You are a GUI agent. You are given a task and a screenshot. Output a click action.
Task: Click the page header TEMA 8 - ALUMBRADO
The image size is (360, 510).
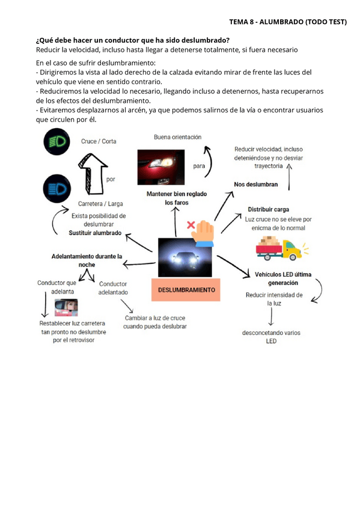tap(288, 22)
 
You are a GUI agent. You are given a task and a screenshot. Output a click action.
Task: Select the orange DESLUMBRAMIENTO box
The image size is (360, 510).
tap(186, 289)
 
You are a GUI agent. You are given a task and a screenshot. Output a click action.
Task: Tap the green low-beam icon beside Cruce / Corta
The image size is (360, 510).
tap(56, 143)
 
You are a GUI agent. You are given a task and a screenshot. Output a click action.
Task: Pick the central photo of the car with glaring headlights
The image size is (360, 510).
tap(186, 257)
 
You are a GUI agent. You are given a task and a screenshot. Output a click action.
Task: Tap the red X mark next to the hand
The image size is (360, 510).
tap(192, 224)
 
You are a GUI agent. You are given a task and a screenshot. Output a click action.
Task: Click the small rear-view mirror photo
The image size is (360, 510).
tap(66, 308)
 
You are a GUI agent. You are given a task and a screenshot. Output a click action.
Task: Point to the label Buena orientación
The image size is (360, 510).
tap(177, 137)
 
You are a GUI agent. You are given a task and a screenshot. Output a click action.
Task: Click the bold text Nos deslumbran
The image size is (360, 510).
tap(256, 184)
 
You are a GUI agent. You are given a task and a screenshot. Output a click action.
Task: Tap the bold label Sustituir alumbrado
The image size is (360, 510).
tap(95, 232)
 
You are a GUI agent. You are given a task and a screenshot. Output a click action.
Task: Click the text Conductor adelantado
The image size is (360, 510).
tap(113, 288)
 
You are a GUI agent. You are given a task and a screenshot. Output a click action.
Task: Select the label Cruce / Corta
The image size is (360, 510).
tap(99, 141)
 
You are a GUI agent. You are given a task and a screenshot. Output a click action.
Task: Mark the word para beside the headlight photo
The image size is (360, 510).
tap(199, 166)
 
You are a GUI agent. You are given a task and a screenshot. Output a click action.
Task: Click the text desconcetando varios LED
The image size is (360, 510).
tap(271, 337)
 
